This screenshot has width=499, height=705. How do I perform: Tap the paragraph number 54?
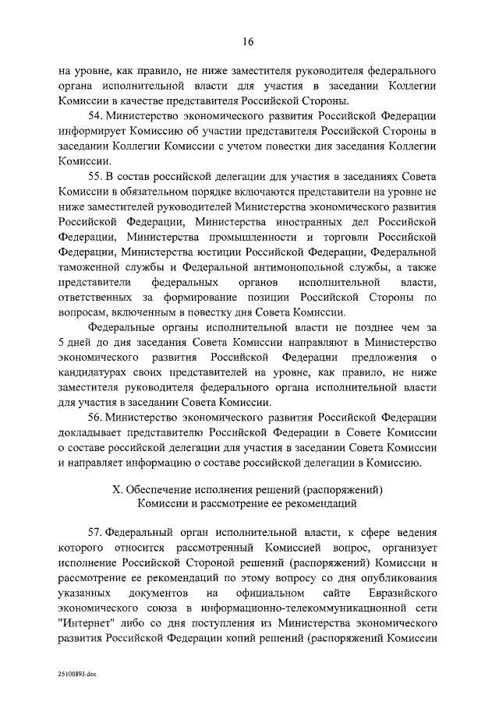point(96,115)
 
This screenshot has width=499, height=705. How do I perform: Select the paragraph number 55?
point(96,178)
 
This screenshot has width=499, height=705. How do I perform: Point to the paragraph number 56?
point(96,417)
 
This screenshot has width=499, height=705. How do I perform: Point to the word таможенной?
point(89,267)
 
